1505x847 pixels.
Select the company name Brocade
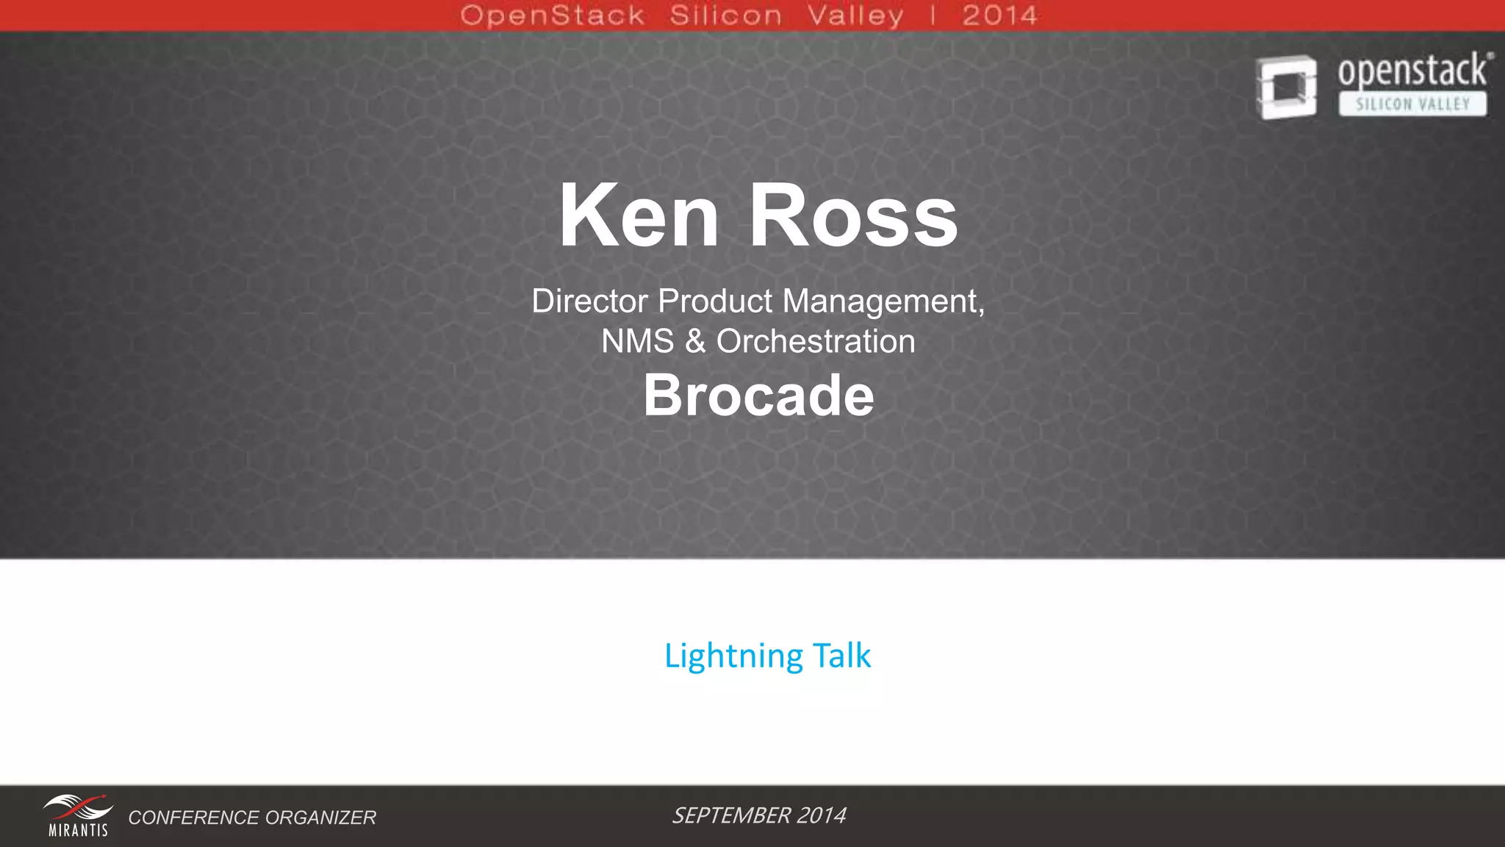[x=758, y=396]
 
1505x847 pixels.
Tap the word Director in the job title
[x=589, y=301]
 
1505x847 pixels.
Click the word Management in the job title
[x=883, y=301]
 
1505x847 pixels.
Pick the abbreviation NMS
[x=637, y=342]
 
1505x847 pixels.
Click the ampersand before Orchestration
[x=694, y=342]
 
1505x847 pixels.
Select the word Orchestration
[x=816, y=342]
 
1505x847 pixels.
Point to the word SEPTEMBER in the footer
[x=730, y=815]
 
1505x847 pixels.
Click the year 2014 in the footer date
[x=821, y=815]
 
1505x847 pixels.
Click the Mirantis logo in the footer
[x=78, y=815]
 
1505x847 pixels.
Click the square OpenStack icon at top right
[x=1286, y=87]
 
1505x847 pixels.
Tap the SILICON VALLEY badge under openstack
[x=1412, y=104]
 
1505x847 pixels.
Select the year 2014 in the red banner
[x=999, y=15]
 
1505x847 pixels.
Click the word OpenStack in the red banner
[x=553, y=15]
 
